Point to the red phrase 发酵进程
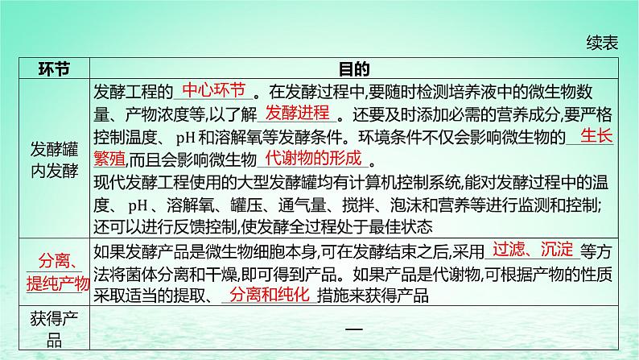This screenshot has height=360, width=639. click(x=297, y=112)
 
